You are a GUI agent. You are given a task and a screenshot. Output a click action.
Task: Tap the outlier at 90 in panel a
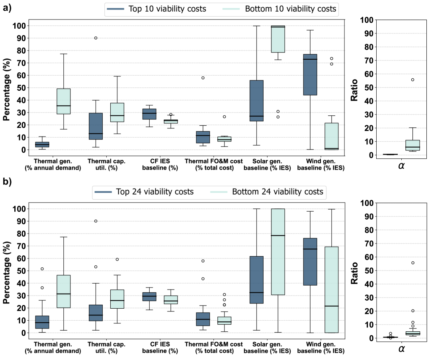(x=96, y=38)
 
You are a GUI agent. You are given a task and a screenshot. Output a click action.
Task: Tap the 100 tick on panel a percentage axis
(x=20, y=26)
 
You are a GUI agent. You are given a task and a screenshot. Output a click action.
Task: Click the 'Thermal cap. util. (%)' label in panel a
(x=106, y=164)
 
